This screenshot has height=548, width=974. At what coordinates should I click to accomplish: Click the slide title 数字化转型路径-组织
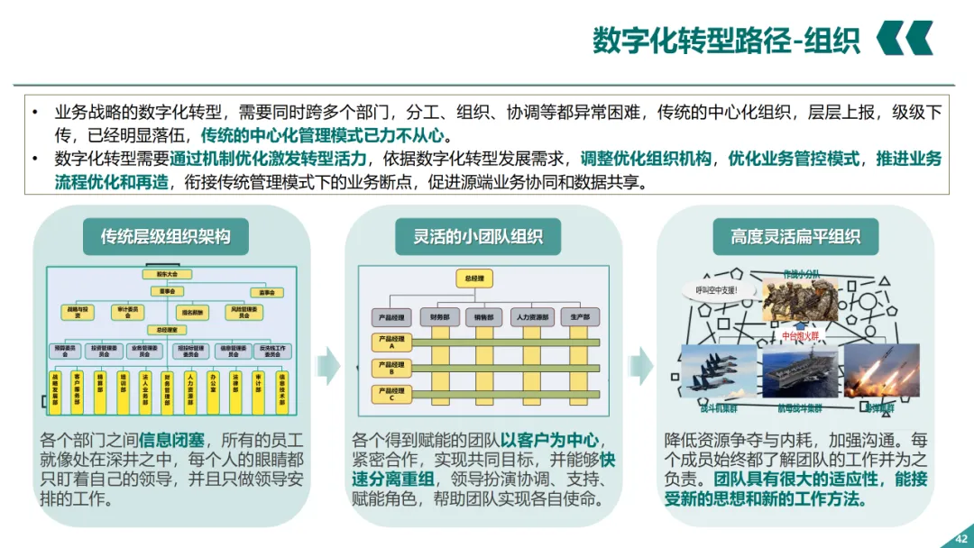[x=726, y=41]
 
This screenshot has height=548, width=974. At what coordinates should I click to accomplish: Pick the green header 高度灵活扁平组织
[x=795, y=237]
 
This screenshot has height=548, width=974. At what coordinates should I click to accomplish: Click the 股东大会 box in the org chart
[x=167, y=274]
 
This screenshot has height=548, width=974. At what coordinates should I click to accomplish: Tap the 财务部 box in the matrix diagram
[x=440, y=317]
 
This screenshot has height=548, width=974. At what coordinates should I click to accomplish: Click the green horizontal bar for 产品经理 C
[x=505, y=393]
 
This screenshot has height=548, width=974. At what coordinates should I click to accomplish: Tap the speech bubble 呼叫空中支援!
[x=717, y=289]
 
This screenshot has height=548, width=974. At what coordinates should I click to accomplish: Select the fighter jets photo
[x=718, y=370]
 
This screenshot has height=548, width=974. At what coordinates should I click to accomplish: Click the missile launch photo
[x=881, y=370]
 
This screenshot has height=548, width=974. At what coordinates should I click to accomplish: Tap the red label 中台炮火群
[x=802, y=336]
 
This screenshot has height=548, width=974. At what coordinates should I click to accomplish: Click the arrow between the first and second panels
[x=327, y=365]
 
